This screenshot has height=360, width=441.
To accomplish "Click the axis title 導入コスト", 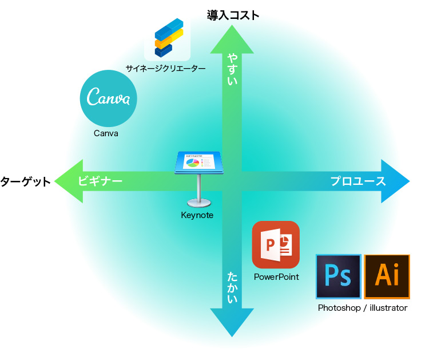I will point(233,15).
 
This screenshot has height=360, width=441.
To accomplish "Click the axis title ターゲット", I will point(25,181).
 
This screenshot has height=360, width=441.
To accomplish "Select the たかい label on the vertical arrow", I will point(232,287).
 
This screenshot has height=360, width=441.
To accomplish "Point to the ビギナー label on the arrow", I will point(100,181).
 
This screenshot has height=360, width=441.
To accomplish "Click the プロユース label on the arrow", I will point(358,181).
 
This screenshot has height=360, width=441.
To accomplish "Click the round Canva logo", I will point(108,98).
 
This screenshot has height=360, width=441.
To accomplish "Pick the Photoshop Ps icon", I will point(338,276).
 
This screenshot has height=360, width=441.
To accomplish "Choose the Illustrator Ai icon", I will point(387,276).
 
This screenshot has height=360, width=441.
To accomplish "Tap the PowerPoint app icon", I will point(276,244).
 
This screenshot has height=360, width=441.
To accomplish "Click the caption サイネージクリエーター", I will point(165,69).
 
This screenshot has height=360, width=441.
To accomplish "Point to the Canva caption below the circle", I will point(106,133).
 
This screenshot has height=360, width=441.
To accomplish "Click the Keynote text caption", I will point(197,215).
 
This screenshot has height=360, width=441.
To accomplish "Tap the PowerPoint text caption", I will point(276,277).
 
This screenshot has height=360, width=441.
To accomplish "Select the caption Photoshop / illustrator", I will point(363,308).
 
